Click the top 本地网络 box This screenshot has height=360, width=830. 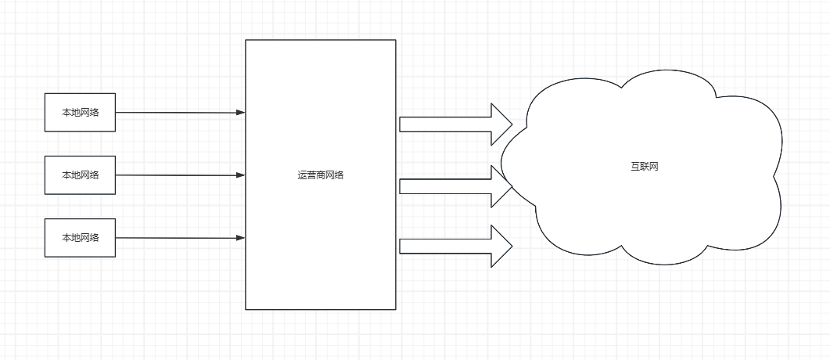(x=80, y=113)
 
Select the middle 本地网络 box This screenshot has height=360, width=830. (x=80, y=175)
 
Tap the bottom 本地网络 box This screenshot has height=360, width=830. (x=80, y=238)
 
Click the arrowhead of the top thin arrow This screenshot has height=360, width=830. (x=241, y=113)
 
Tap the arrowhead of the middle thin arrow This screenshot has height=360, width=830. (x=241, y=175)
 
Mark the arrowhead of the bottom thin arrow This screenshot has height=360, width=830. (x=241, y=238)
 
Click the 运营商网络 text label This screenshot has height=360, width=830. (x=321, y=175)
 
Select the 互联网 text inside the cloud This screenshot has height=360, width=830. (x=645, y=167)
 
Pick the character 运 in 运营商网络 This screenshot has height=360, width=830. (x=302, y=175)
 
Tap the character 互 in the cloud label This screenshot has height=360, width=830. (x=635, y=167)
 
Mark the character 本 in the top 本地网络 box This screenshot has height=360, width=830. (x=66, y=113)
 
